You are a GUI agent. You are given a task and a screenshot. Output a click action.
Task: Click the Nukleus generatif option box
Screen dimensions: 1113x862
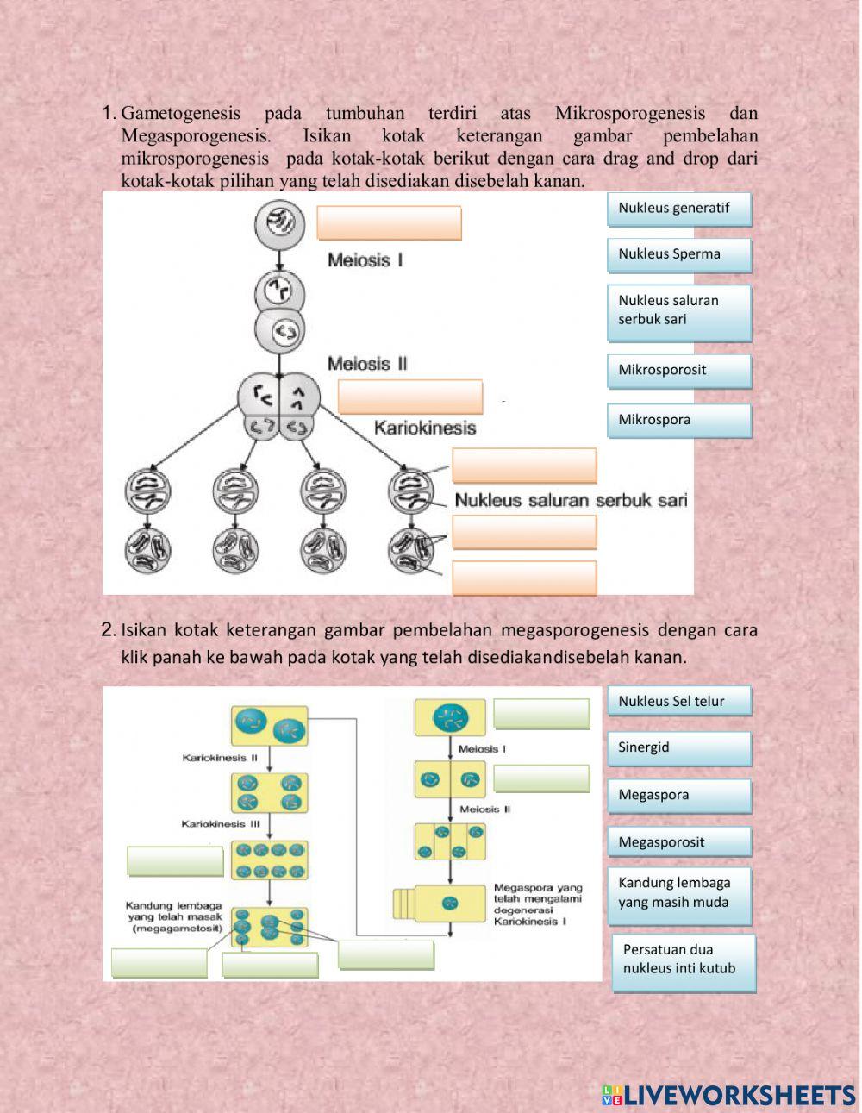[x=679, y=209]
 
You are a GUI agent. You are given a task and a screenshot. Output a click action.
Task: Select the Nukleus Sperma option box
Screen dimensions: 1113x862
[x=679, y=254]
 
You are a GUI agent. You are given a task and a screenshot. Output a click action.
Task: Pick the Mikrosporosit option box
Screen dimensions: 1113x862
[x=679, y=371]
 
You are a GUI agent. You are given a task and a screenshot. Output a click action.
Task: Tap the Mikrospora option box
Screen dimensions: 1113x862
[x=679, y=421]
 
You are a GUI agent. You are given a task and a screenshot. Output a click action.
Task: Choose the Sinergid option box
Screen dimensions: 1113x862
[x=679, y=747]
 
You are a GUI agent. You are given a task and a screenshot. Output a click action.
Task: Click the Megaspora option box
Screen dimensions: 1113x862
[x=679, y=795]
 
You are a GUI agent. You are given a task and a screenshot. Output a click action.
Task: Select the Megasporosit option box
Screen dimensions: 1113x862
[x=679, y=842]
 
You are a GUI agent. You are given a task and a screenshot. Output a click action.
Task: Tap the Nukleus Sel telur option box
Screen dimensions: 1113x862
[x=679, y=701]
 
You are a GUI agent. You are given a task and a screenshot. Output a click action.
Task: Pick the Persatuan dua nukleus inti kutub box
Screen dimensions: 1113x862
[x=684, y=960]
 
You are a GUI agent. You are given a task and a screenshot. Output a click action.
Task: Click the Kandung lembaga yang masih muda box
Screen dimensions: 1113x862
[x=679, y=893]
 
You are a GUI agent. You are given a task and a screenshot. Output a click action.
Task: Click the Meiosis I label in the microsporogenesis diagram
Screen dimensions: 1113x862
[x=365, y=259]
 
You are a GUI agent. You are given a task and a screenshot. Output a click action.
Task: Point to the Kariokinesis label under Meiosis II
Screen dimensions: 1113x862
[x=424, y=427]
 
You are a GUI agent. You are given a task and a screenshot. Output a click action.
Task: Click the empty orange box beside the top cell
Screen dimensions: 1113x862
[x=389, y=223]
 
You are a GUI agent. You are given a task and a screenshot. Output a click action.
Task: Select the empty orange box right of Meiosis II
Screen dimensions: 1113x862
[x=410, y=397]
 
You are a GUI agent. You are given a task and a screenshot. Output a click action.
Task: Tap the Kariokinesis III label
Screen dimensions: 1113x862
[x=221, y=824]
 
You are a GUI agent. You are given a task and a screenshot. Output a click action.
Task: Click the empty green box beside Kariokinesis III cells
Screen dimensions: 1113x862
[x=176, y=860]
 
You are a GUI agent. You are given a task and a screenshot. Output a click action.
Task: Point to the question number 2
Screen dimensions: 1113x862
[x=108, y=630]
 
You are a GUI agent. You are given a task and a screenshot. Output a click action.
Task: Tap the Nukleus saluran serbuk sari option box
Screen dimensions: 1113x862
[x=679, y=310]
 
